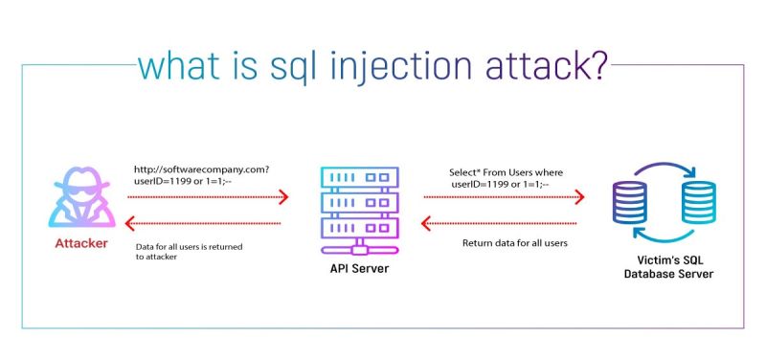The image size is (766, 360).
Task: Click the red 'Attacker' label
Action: (79, 244)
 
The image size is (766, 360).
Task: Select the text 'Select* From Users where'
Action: (507, 172)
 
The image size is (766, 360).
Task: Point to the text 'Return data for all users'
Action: (514, 243)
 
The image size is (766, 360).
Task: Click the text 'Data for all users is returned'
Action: (189, 246)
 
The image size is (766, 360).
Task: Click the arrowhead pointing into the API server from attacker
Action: (283, 198)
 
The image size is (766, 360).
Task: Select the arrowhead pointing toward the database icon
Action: (579, 198)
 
